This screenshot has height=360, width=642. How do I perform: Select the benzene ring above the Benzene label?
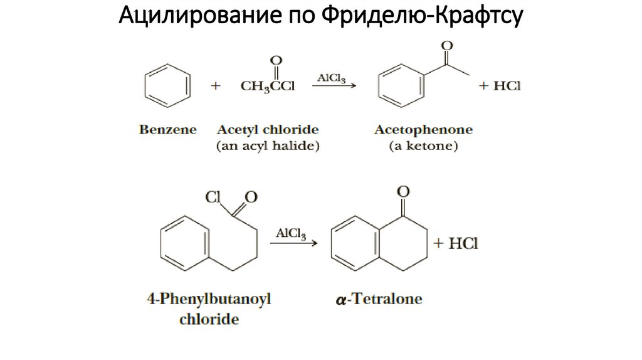(x=166, y=86)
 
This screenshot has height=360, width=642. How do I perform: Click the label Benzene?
(x=167, y=130)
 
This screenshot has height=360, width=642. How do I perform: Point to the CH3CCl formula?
(x=268, y=87)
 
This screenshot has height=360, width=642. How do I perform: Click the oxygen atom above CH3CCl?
(x=275, y=61)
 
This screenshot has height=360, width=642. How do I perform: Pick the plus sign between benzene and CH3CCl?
(x=216, y=87)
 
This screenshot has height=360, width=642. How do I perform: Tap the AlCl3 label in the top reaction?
(x=332, y=78)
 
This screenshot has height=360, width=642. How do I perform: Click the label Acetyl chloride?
(x=268, y=130)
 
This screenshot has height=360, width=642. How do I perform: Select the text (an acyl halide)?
(x=268, y=147)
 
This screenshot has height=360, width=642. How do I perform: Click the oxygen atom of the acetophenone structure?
(x=447, y=46)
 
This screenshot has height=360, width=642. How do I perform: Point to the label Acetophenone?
(x=424, y=130)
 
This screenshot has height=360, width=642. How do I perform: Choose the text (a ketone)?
(x=424, y=147)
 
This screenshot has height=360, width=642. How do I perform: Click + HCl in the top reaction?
(x=500, y=86)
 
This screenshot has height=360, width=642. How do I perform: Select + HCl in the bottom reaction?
(x=456, y=243)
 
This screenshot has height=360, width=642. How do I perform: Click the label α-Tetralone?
(x=379, y=299)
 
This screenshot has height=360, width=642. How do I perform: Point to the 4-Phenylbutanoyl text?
(x=209, y=299)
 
